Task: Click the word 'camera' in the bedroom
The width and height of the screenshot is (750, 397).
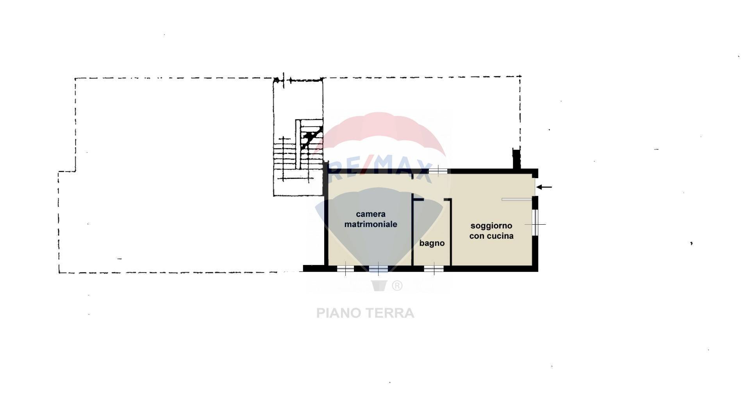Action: click(x=370, y=214)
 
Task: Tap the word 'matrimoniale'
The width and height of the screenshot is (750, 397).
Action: click(x=370, y=224)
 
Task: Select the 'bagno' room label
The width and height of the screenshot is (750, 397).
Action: click(x=432, y=243)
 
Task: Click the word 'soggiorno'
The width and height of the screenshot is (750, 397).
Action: click(x=491, y=226)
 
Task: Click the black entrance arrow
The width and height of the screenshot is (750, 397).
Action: click(x=544, y=187)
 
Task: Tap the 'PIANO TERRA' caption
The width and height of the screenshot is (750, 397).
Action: click(x=365, y=313)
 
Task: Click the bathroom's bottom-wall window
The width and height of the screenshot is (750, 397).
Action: click(x=434, y=269)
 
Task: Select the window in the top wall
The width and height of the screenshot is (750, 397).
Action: click(x=438, y=171)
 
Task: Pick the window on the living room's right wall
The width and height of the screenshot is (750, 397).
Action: click(x=535, y=223)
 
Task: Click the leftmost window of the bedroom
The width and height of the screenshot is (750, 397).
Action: click(x=345, y=269)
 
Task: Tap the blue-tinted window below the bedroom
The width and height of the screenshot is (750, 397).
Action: click(x=378, y=269)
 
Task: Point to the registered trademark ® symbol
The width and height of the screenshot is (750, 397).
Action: click(x=397, y=286)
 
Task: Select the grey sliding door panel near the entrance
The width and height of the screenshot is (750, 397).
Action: click(x=516, y=200)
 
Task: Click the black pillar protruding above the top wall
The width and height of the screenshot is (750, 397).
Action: click(x=516, y=159)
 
